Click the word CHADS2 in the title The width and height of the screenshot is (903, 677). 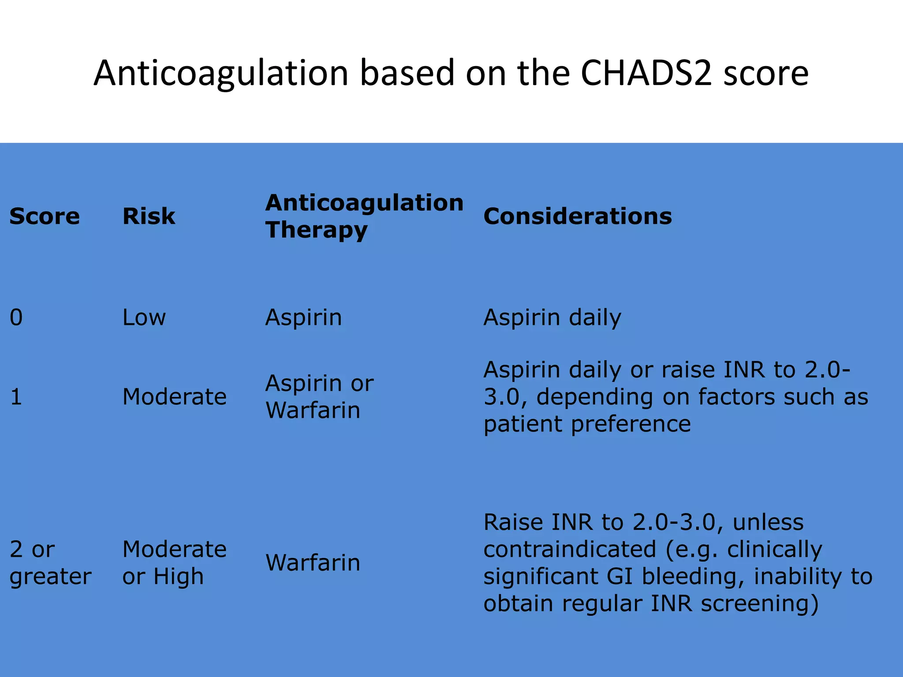point(646,73)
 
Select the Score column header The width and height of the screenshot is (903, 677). point(45,216)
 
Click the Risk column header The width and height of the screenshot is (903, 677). point(149,216)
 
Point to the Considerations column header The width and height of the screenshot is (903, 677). point(578,216)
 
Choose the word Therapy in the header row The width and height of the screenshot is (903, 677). point(316,231)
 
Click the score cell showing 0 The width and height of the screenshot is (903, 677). point(16,317)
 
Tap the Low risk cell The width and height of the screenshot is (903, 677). point(144,317)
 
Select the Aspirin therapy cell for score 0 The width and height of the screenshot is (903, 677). point(303,317)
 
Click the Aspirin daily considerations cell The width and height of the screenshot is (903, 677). point(552,318)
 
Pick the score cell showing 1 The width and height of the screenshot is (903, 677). point(16,397)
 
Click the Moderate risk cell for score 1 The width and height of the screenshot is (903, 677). point(174,397)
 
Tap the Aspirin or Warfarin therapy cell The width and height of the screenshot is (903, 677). point(319,397)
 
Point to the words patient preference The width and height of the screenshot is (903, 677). point(587,424)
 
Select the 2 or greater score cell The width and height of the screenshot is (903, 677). point(50,563)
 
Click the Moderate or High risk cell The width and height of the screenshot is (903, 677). point(174,563)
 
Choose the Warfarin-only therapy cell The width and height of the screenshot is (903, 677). point(313,563)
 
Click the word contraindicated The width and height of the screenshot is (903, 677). point(570,550)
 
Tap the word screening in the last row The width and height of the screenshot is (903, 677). point(759,604)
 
